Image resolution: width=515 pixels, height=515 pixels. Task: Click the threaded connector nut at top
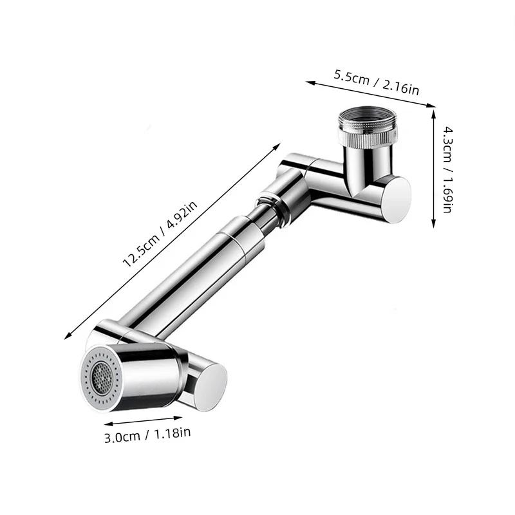(368, 126)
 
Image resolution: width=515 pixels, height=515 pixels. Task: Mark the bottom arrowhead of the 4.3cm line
(432, 226)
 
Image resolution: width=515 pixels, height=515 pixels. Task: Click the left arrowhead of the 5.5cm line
(308, 82)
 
